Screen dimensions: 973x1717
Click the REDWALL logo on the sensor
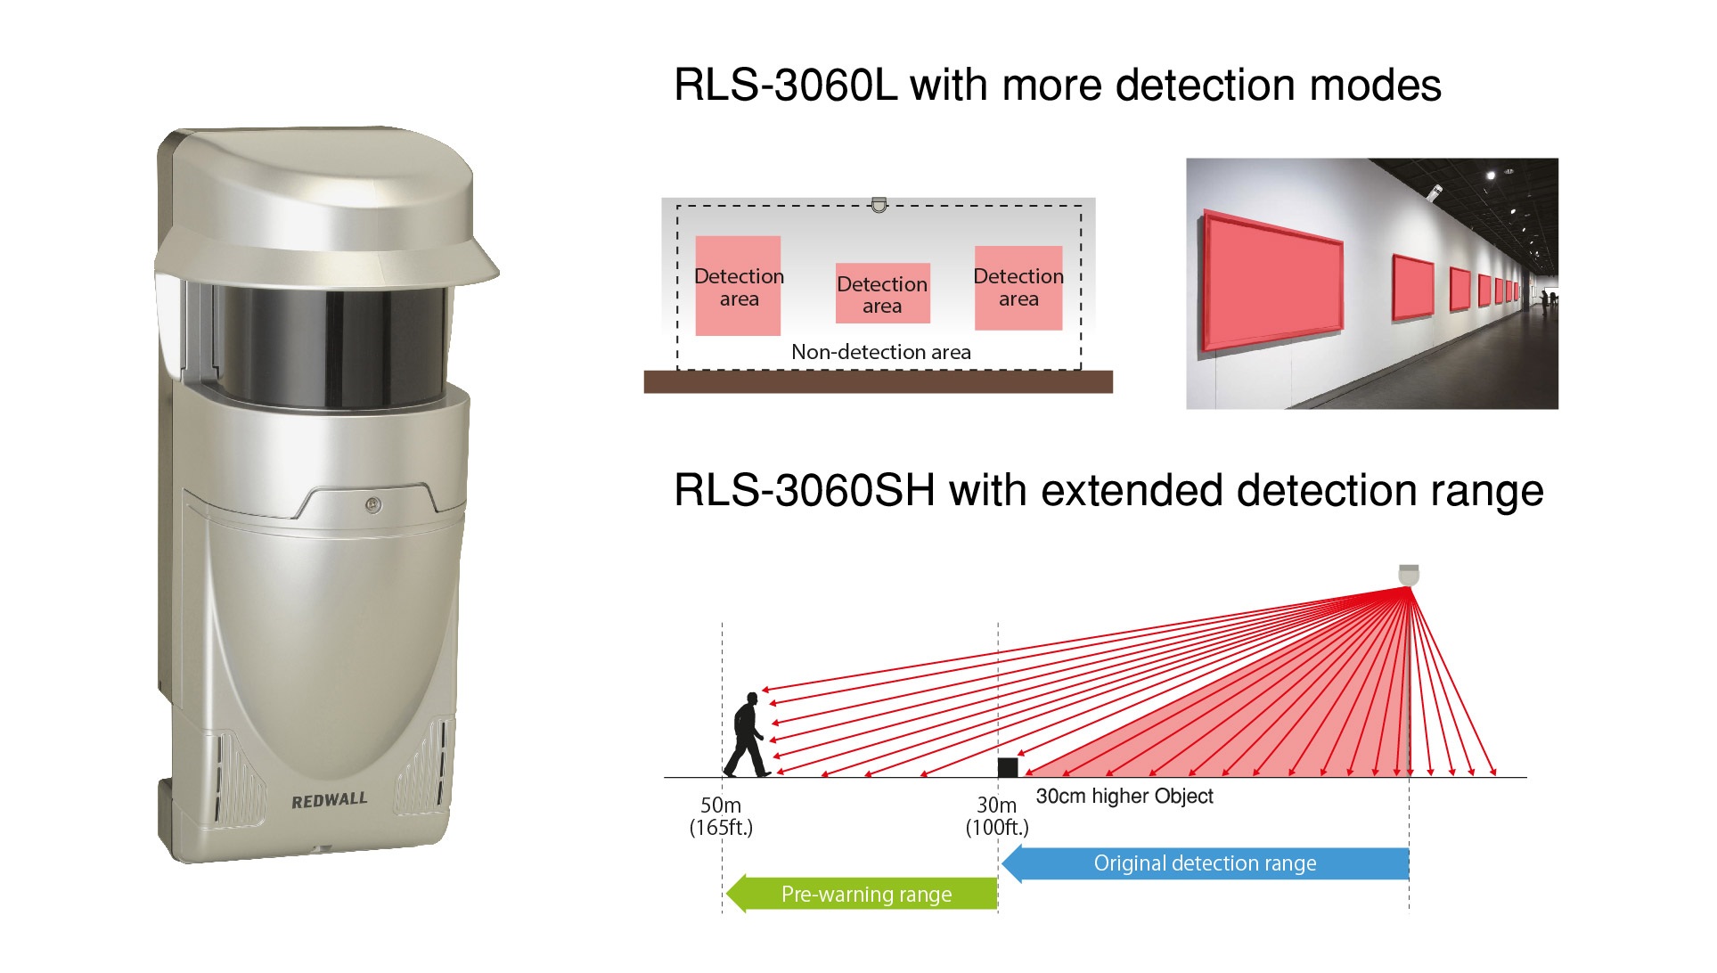[329, 800]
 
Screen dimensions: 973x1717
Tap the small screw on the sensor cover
[373, 505]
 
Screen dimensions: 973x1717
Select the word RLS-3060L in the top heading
[785, 86]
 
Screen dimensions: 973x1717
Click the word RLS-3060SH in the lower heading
[804, 491]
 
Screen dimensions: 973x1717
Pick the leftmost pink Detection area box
[738, 286]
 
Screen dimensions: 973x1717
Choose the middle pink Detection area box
[882, 293]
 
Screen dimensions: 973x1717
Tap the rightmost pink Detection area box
[1018, 288]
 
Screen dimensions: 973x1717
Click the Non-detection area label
[880, 352]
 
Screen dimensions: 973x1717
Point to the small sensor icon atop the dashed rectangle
[879, 205]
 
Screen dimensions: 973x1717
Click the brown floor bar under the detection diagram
[878, 382]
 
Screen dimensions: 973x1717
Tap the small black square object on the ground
[1007, 767]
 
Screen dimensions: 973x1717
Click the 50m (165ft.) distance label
[721, 816]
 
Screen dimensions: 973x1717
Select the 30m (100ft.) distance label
[997, 816]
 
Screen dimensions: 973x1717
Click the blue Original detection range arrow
[1205, 863]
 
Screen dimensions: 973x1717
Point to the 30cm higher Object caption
[1124, 796]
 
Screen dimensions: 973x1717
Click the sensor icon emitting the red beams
[1408, 574]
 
